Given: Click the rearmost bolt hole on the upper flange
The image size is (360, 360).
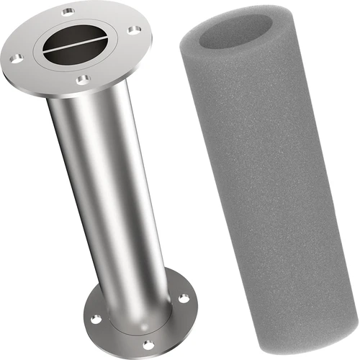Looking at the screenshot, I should point(68,12).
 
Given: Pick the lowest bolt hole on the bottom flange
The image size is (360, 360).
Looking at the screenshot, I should point(148,345).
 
